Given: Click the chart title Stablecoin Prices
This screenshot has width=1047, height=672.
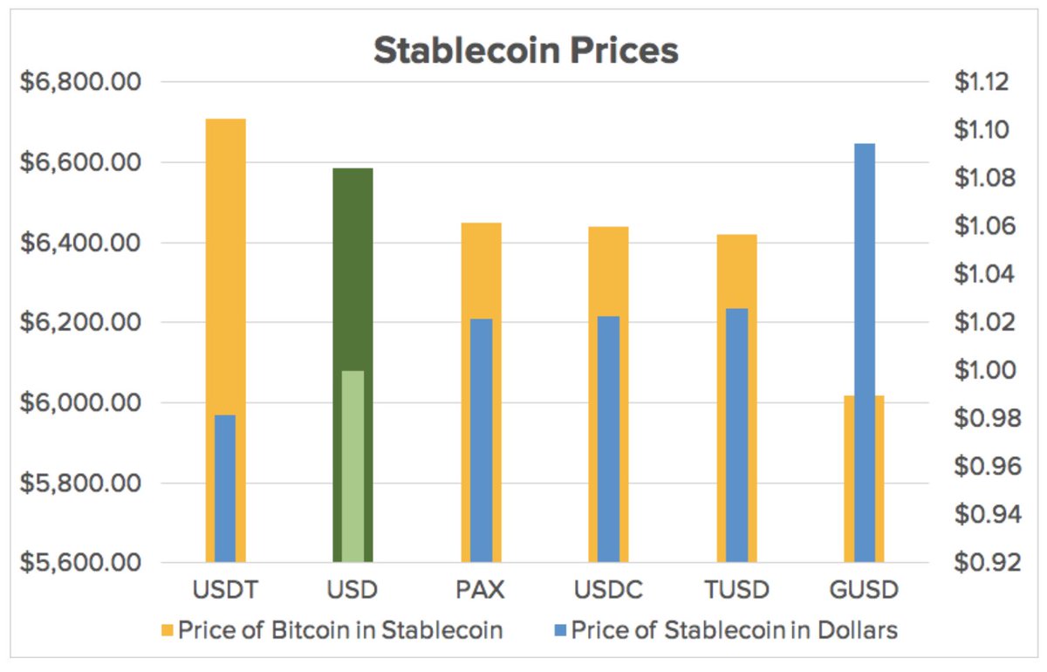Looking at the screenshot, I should [525, 51].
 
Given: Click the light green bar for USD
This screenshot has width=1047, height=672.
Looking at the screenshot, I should [352, 466].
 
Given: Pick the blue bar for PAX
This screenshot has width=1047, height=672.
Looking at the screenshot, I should [481, 440].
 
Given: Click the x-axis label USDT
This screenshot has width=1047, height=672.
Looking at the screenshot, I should [225, 590].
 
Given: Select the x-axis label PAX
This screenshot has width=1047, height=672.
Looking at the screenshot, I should [481, 590].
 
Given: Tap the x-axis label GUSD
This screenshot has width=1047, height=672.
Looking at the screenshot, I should [864, 590].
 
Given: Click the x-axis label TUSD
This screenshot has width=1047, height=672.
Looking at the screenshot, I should [736, 590].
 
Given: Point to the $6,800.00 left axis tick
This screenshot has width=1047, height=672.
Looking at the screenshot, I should [80, 83].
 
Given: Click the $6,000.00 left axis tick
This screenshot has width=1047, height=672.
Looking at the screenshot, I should [80, 403].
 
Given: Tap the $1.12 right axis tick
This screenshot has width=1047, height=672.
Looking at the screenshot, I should [981, 83].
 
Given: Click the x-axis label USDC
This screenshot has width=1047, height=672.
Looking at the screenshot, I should [608, 590].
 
